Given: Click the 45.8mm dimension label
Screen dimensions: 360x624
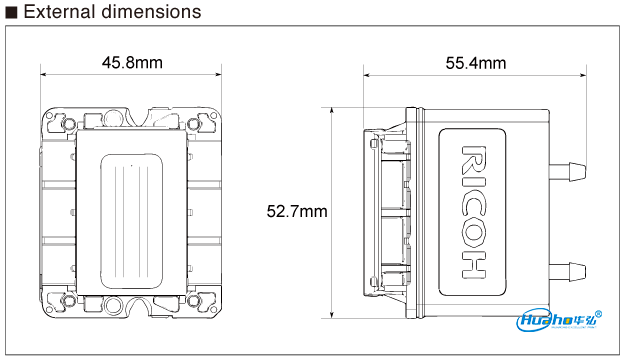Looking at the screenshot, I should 132,63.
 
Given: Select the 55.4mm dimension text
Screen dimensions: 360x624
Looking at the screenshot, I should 475,63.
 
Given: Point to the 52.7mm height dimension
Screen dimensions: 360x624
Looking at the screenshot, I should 297,211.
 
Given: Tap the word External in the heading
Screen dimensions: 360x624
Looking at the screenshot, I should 62,12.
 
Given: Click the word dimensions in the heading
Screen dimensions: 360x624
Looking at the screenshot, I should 152,12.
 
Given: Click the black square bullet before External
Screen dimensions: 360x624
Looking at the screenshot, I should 12,13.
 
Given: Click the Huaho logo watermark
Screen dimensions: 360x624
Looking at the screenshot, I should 559,321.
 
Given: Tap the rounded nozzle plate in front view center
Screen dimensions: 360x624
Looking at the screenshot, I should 132,211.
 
